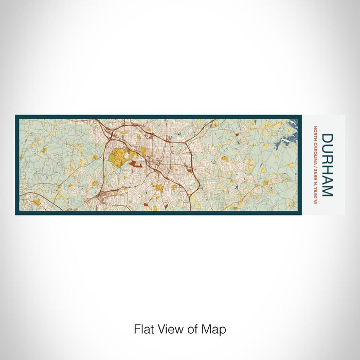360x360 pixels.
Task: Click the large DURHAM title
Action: click(327, 165)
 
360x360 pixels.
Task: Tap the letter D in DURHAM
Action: click(327, 139)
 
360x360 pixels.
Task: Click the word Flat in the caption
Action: click(143, 329)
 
